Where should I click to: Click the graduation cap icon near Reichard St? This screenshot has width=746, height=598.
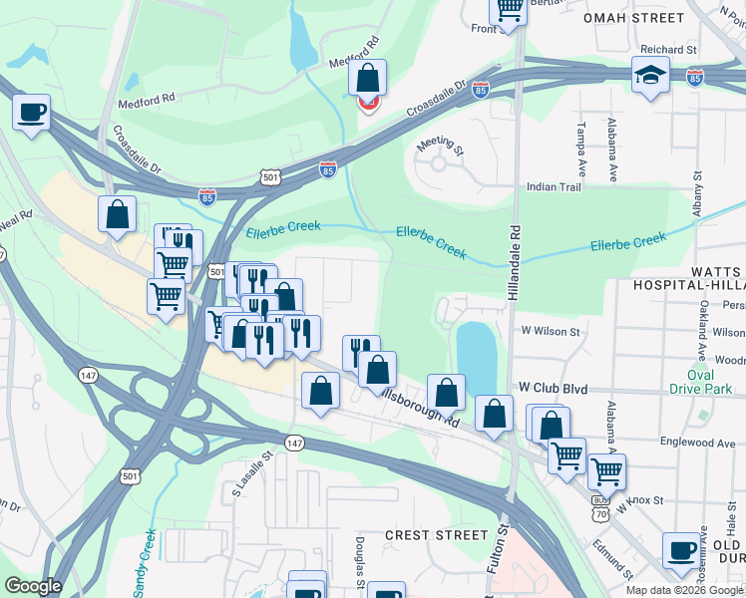pyautogui.click(x=650, y=75)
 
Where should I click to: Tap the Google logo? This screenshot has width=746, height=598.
pyautogui.click(x=33, y=586)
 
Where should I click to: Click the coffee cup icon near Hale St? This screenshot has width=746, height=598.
pyautogui.click(x=683, y=549)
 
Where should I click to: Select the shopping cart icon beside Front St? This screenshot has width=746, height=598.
pyautogui.click(x=508, y=9)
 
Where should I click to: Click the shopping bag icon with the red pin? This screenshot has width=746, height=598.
pyautogui.click(x=368, y=79)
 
